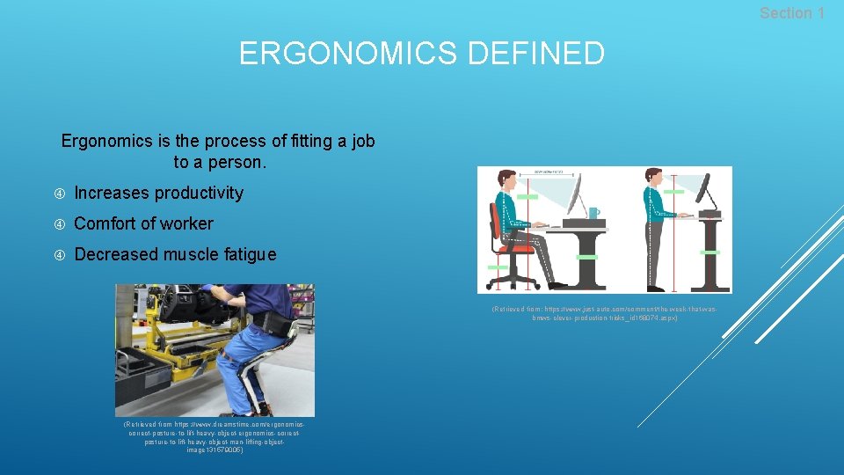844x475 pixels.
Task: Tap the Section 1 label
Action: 791,13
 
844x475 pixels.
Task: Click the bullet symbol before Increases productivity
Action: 60,194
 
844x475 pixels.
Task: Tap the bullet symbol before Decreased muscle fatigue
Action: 60,255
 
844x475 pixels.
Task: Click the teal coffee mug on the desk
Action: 594,213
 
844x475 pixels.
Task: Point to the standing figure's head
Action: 652,177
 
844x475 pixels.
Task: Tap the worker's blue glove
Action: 207,289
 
